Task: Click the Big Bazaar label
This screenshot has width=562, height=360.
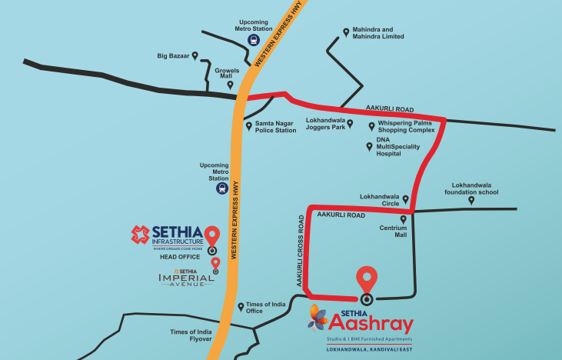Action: [x=173, y=55]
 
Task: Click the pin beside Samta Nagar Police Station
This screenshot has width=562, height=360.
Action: [x=248, y=125]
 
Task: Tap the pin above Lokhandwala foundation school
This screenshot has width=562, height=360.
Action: [x=471, y=200]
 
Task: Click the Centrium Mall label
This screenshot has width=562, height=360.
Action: [x=393, y=232]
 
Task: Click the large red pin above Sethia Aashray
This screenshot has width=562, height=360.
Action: [x=367, y=279]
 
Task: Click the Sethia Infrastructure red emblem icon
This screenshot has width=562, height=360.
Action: [x=139, y=235]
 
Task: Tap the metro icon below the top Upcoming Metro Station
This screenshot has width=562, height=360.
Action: [x=252, y=41]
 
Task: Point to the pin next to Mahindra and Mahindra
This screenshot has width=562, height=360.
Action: [x=346, y=32]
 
